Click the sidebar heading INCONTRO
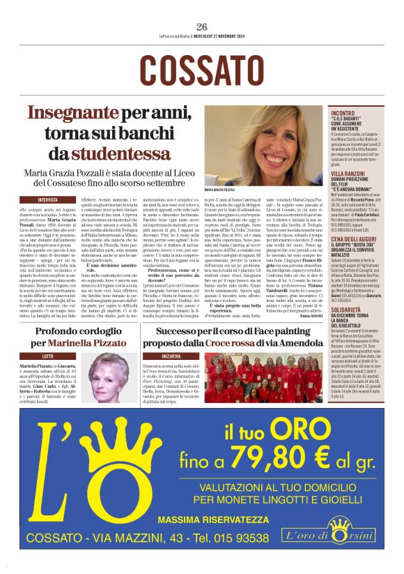click(x=343, y=113)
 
